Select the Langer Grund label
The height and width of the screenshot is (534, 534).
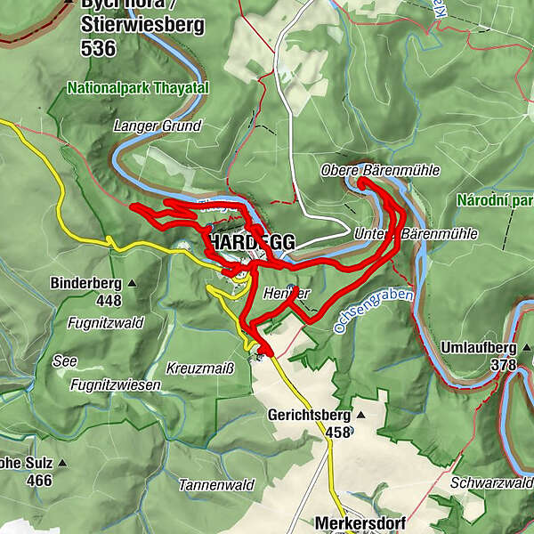tap(158, 126)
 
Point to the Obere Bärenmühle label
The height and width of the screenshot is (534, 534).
tap(379, 170)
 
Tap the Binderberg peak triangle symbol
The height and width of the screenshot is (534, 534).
tap(132, 284)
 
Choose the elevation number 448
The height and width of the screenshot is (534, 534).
tap(109, 301)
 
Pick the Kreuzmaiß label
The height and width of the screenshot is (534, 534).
tap(199, 368)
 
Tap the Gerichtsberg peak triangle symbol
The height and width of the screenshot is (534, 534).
tap(360, 415)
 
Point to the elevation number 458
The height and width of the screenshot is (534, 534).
tap(336, 433)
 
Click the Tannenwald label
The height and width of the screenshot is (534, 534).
tap(216, 485)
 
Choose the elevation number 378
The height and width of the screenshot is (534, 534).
tap(504, 364)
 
